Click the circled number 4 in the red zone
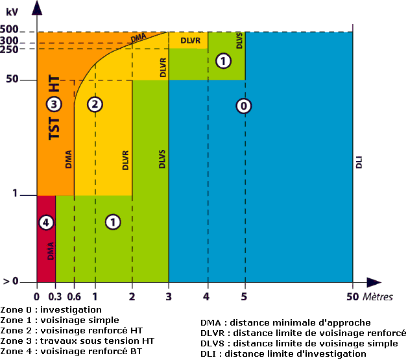pyautogui.click(x=46, y=222)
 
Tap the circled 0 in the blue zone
pyautogui.click(x=243, y=106)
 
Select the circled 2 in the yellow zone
pyautogui.click(x=95, y=104)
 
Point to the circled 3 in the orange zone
pyautogui.click(x=54, y=104)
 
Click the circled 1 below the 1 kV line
pyautogui.click(x=113, y=222)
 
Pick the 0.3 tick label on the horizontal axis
pyautogui.click(x=55, y=296)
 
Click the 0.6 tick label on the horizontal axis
pyautogui.click(x=74, y=296)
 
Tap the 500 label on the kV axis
pyautogui.click(x=9, y=29)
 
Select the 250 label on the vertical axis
pyautogui.click(x=9, y=49)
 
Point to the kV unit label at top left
pyautogui.click(x=12, y=12)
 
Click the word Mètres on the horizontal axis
pyautogui.click(x=378, y=296)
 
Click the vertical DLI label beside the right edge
pyautogui.click(x=359, y=162)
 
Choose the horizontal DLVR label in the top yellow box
pyautogui.click(x=191, y=41)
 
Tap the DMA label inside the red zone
pyautogui.click(x=51, y=251)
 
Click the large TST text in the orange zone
pyautogui.click(x=54, y=128)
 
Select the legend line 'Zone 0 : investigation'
pyautogui.click(x=51, y=310)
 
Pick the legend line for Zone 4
pyautogui.click(x=71, y=352)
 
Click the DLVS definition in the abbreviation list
pyautogui.click(x=299, y=344)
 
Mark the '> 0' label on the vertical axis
pyautogui.click(x=10, y=281)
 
